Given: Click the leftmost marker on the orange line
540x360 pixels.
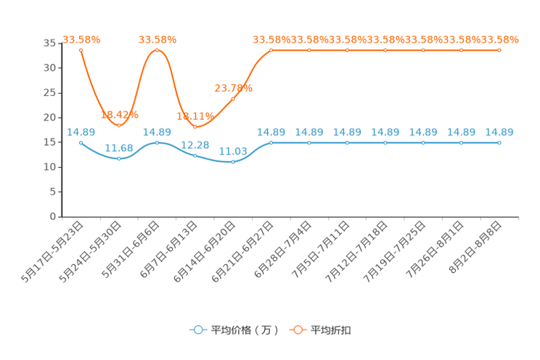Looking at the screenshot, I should click(x=81, y=49).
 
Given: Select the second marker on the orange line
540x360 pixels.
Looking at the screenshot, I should click(x=119, y=126).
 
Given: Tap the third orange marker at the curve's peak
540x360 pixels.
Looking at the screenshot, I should click(x=157, y=49).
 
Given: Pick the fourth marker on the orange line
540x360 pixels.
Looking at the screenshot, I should click(x=195, y=126).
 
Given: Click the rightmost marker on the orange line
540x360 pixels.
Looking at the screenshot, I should click(x=499, y=50).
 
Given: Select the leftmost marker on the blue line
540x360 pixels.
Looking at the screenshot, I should click(x=81, y=143).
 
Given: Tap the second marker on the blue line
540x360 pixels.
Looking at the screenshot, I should click(x=119, y=158).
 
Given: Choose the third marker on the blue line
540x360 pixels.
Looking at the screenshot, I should click(x=157, y=143).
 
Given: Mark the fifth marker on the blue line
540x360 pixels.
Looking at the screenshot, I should click(x=233, y=162).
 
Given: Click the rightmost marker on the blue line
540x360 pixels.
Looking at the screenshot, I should click(x=499, y=143).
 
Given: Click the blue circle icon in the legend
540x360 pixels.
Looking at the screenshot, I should click(x=198, y=330).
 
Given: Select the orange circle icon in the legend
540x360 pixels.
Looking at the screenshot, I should click(x=298, y=330).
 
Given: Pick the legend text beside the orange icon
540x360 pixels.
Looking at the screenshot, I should click(x=332, y=330).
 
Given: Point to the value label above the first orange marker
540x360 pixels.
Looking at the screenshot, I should click(x=81, y=38).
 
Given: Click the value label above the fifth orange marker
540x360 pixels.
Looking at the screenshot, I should click(x=233, y=87).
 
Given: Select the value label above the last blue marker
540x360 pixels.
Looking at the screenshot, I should click(x=499, y=132).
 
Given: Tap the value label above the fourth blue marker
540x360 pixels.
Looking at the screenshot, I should click(x=195, y=144).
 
